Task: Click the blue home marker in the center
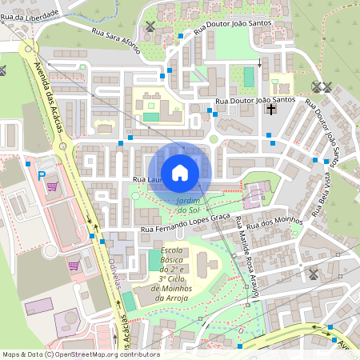point(180,172)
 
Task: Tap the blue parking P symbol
point(42,174)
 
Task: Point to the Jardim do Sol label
point(187,205)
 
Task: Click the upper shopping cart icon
point(52,187)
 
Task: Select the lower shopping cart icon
point(73,266)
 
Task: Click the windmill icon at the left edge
point(2,70)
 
